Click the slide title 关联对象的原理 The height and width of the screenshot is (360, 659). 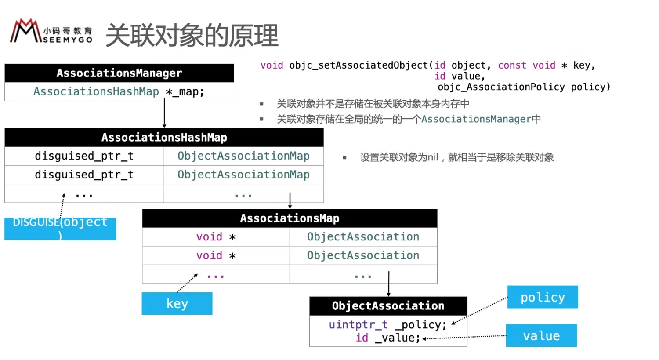(x=192, y=35)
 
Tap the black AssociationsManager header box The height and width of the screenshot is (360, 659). (x=119, y=73)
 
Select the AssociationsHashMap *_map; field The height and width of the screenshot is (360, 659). (x=119, y=92)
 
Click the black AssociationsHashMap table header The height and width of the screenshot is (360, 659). (x=164, y=138)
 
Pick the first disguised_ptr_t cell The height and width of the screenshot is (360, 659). (x=84, y=156)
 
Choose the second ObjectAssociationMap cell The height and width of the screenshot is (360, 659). (x=243, y=175)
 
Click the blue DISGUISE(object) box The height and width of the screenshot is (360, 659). (x=60, y=229)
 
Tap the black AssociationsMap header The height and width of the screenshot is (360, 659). (x=290, y=218)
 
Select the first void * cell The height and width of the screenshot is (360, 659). (x=216, y=237)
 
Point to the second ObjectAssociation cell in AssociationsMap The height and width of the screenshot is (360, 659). (x=363, y=255)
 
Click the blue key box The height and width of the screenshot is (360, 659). (x=177, y=304)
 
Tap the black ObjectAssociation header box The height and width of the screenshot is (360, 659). (x=388, y=306)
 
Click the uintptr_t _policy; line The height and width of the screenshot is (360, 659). (x=387, y=325)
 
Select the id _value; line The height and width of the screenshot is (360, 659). (x=387, y=338)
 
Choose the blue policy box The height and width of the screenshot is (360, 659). (x=543, y=298)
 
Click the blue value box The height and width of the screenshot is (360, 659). (x=541, y=336)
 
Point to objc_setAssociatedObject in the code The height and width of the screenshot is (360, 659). (x=358, y=65)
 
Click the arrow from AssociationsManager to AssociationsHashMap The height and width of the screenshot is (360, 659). (x=164, y=113)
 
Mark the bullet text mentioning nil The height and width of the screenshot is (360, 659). (x=457, y=157)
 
